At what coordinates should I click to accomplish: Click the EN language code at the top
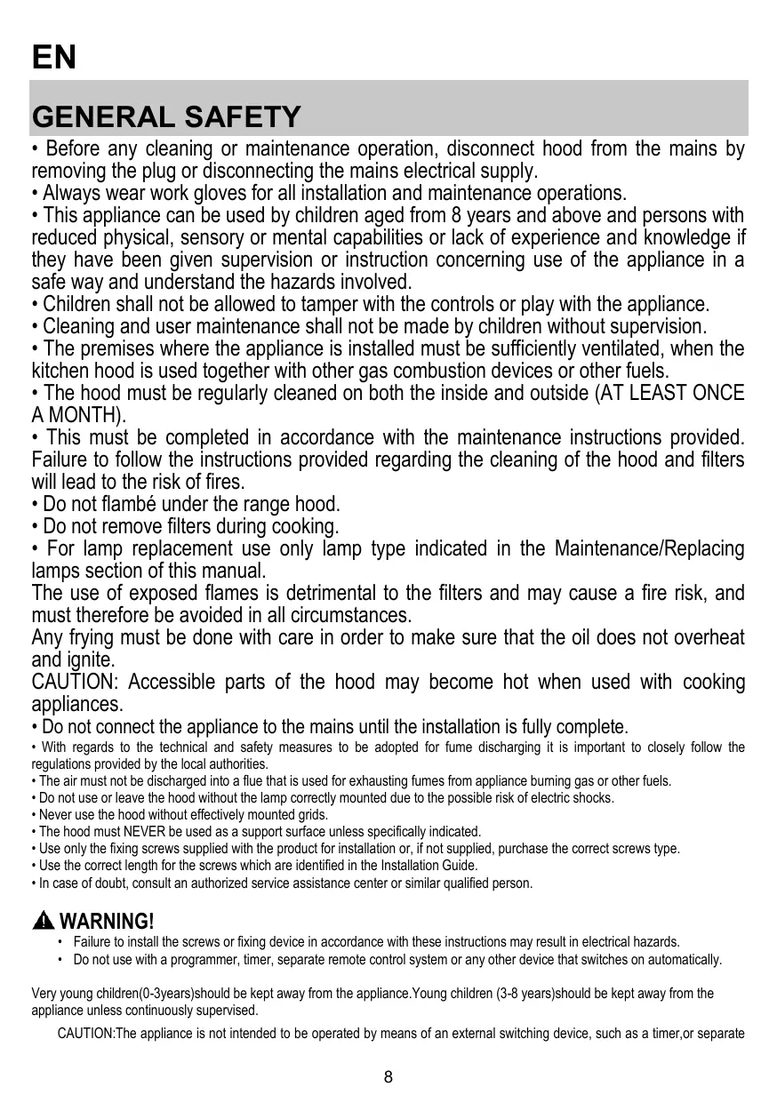(54, 59)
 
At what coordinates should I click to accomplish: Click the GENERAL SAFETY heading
(166, 116)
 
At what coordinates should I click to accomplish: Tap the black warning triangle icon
(43, 920)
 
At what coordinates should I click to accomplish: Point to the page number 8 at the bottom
(388, 1078)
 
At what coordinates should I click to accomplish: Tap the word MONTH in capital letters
(82, 415)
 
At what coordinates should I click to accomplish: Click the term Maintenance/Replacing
(649, 548)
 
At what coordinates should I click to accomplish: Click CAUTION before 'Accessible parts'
(71, 682)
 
